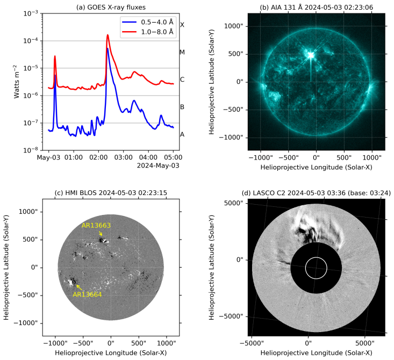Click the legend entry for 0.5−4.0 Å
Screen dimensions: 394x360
point(148,22)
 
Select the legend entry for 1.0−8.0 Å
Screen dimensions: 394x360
point(148,32)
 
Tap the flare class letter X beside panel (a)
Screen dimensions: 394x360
point(182,25)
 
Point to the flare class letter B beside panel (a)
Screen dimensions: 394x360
point(182,107)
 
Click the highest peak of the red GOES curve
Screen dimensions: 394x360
point(108,35)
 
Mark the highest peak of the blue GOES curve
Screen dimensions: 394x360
point(108,48)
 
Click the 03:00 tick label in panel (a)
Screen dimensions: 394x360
point(123,157)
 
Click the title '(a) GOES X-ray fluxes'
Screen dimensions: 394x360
point(111,8)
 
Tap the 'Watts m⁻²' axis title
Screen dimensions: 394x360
point(16,82)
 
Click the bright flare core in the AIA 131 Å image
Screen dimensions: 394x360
point(311,55)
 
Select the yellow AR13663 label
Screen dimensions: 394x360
point(96,226)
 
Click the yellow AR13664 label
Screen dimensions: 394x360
point(87,294)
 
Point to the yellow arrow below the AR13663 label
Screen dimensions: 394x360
point(101,233)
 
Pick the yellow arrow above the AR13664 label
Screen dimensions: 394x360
point(79,287)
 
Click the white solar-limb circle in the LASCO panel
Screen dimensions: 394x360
point(316,257)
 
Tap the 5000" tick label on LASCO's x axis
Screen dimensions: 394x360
point(365,343)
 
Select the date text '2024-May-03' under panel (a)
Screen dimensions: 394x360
point(158,165)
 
